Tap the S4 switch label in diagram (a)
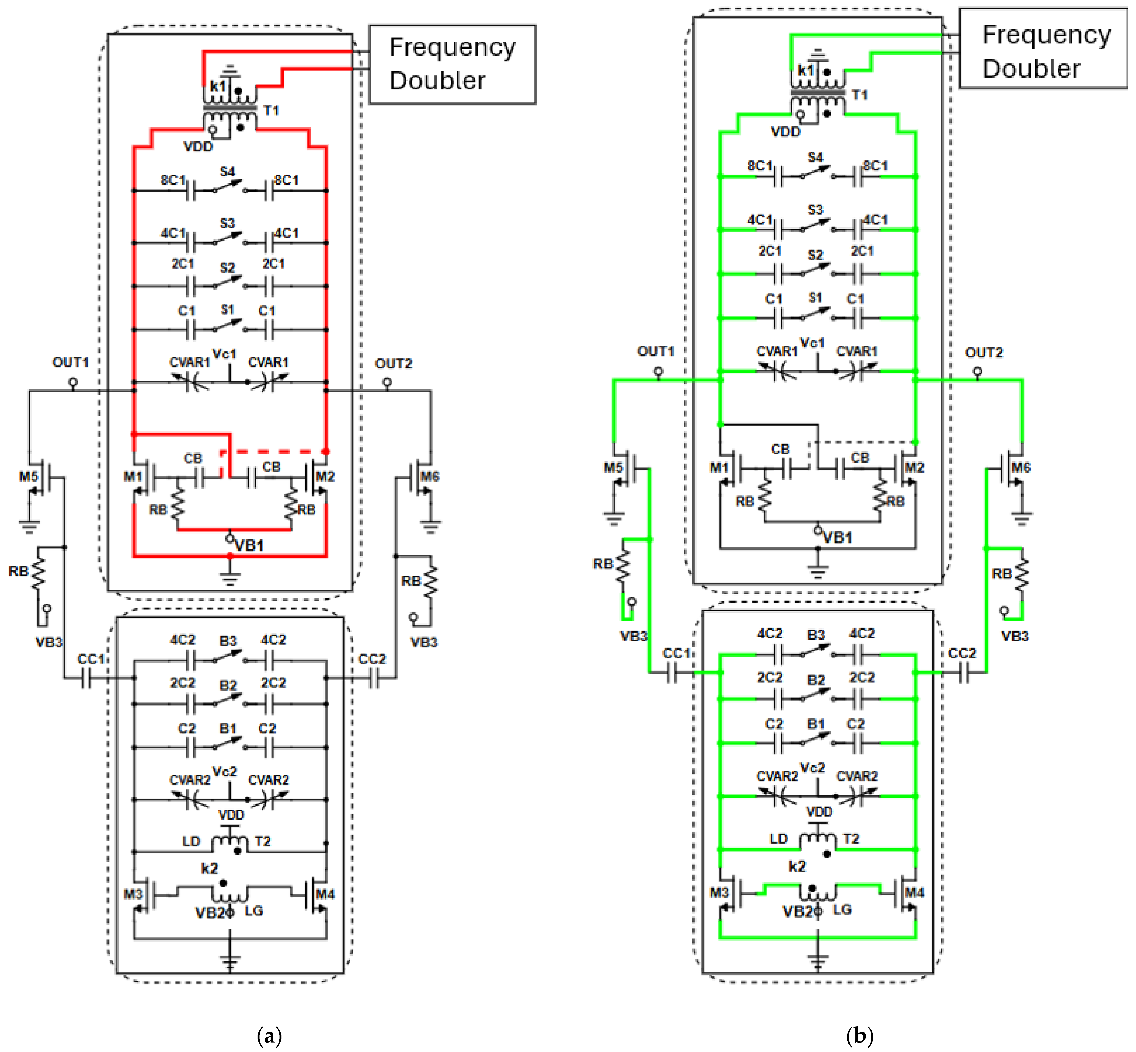coord(227,171)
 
